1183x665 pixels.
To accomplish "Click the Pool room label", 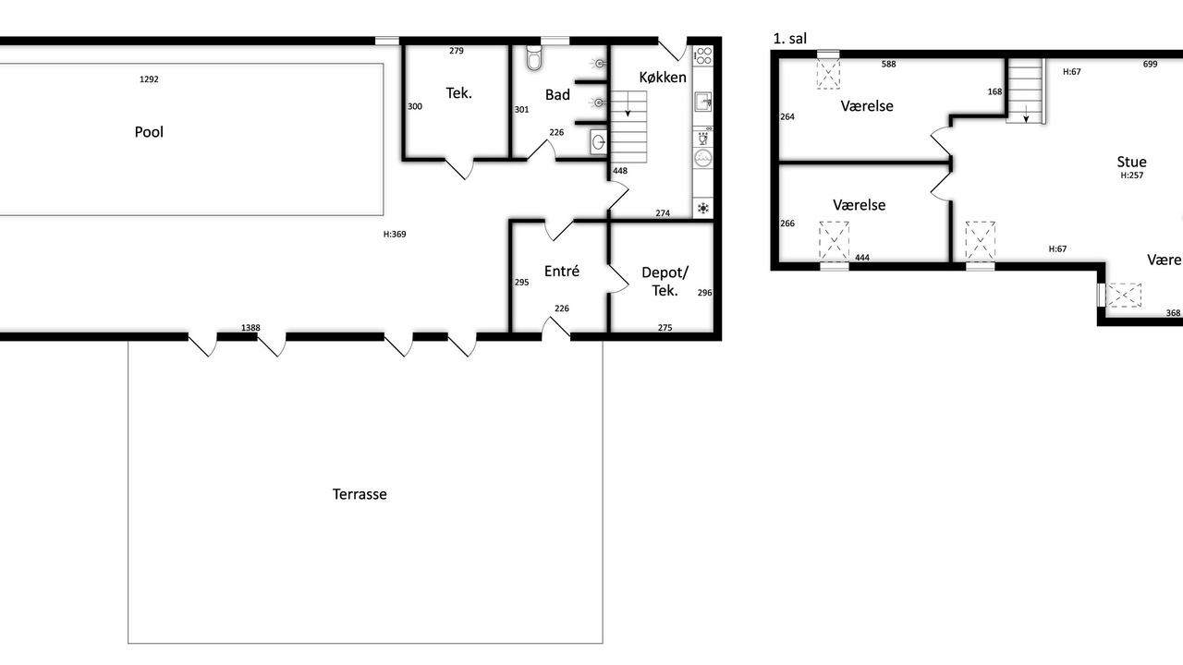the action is pos(149,132).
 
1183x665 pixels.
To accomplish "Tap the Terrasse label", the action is pos(360,494).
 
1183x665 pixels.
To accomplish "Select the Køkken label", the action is pos(663,77).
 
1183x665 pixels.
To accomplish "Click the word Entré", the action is pos(562,271).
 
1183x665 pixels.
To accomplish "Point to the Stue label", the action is pos(1132,162).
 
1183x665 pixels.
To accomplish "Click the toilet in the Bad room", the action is pos(534,57).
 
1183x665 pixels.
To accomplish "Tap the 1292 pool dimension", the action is pos(149,79).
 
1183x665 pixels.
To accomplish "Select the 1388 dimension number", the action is pos(250,328).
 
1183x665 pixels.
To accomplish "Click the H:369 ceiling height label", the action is pos(395,235).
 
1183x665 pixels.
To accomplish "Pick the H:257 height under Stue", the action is pos(1132,175).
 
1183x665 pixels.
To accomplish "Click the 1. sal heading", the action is pos(790,39).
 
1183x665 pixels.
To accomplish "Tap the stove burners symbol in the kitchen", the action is pos(703,55).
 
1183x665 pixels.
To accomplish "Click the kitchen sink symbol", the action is pos(703,102).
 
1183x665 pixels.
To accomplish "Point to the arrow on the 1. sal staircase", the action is pos(1026,114).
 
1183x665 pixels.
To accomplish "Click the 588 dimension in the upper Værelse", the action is pos(889,65).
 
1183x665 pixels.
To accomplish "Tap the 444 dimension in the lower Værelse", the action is pos(862,258).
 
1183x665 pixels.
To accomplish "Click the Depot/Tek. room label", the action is pos(665,282).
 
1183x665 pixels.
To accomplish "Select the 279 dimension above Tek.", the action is pos(457,51).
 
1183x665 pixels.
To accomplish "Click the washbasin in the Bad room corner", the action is pos(598,141).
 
